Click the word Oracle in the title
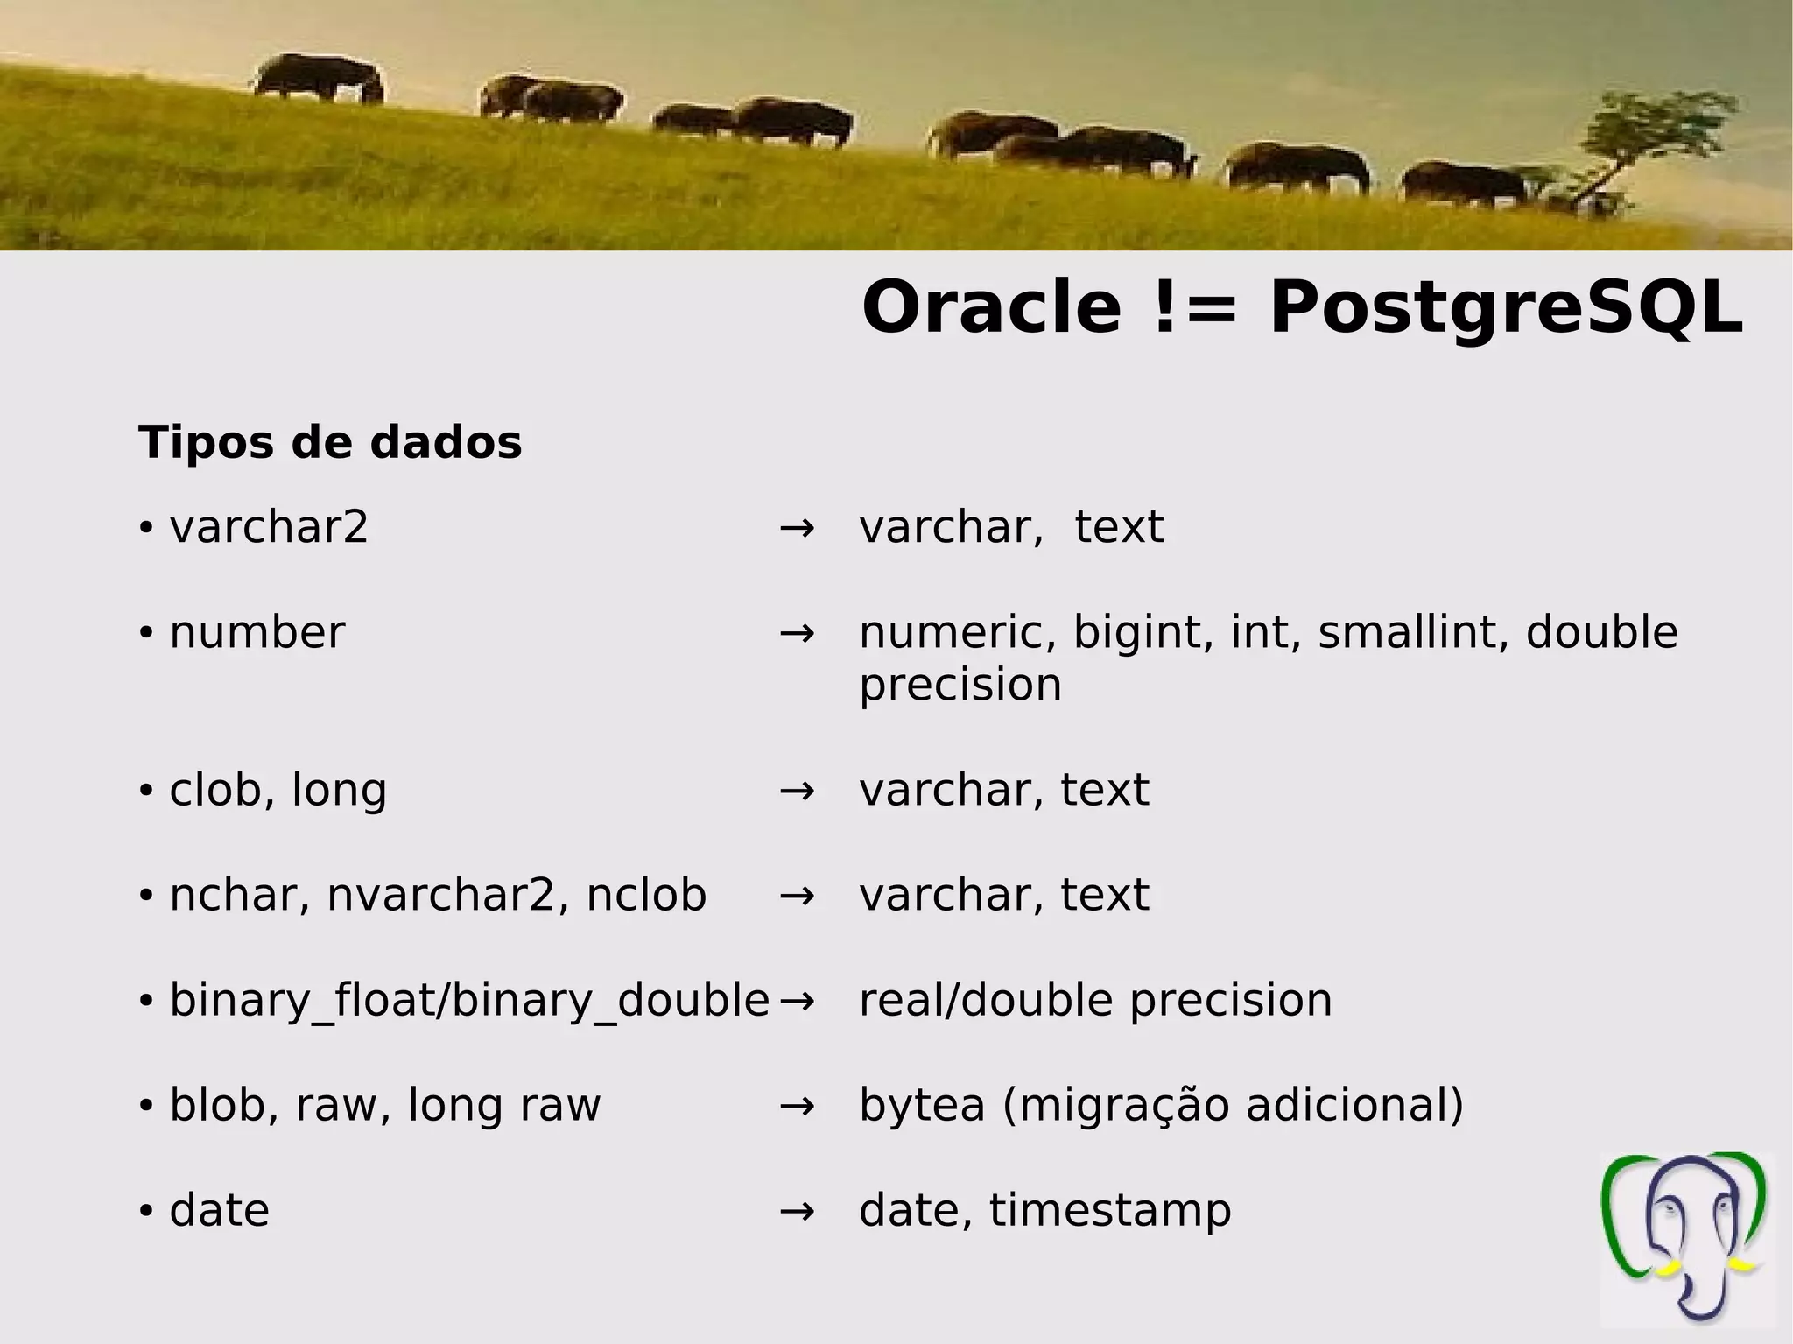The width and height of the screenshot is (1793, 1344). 991,308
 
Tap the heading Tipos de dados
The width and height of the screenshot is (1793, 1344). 330,442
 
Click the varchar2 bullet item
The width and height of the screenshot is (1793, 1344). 269,527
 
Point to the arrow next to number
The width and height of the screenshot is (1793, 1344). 797,632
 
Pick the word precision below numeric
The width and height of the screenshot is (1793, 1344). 960,685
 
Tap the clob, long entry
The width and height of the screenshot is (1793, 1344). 278,790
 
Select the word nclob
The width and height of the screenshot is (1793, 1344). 646,895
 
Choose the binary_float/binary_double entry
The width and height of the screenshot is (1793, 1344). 469,1000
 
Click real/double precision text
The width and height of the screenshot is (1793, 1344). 1095,1000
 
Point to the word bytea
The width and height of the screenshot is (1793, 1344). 922,1105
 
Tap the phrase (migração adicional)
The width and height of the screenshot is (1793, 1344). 1233,1105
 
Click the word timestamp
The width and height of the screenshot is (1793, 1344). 1110,1210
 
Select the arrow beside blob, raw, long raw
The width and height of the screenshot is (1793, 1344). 797,1105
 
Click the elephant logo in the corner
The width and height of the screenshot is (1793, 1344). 1686,1238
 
